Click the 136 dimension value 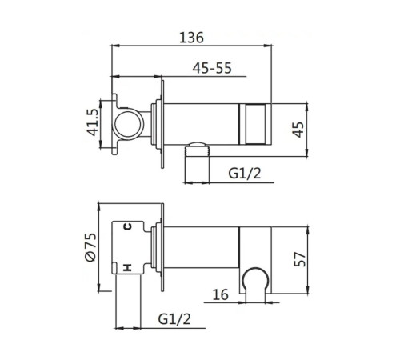pyautogui.click(x=191, y=38)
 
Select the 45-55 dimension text pyautogui.click(x=212, y=68)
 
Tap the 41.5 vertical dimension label pyautogui.click(x=93, y=122)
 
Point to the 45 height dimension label pyautogui.click(x=298, y=130)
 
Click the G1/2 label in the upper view pyautogui.click(x=245, y=174)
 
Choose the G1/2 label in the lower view pyautogui.click(x=174, y=319)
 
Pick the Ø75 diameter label pyautogui.click(x=90, y=247)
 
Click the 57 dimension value pyautogui.click(x=299, y=259)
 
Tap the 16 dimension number pyautogui.click(x=220, y=294)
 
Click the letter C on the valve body pyautogui.click(x=128, y=227)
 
